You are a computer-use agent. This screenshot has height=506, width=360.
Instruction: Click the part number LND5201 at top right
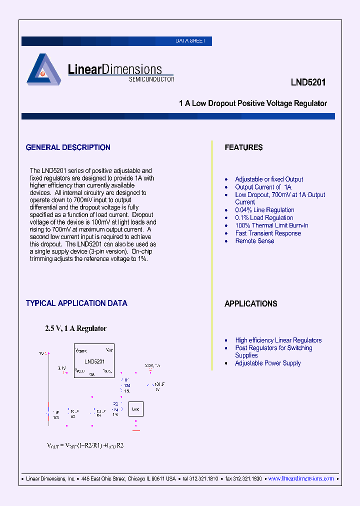point(308,82)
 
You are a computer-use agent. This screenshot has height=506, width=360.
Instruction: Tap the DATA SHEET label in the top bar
point(190,41)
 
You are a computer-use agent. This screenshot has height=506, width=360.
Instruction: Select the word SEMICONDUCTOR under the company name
point(151,79)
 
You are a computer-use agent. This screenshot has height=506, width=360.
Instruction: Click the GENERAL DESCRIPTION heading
point(68,147)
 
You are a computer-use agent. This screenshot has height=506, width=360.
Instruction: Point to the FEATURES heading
point(243,147)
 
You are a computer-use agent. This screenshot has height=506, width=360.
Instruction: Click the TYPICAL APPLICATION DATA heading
point(76,303)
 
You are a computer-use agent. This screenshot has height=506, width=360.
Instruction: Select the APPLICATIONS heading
point(250,303)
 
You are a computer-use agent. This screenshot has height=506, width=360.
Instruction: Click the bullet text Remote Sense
point(254,241)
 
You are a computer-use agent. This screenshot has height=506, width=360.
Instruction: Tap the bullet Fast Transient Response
point(268,233)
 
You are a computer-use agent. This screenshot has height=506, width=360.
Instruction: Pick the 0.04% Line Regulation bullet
point(264,210)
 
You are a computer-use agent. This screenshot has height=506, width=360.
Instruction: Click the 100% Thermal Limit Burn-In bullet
point(271,225)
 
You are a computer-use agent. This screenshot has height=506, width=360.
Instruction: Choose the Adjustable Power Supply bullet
point(268,363)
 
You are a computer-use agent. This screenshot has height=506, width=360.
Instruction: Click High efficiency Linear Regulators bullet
point(278,340)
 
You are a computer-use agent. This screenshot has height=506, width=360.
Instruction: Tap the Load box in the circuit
point(135,409)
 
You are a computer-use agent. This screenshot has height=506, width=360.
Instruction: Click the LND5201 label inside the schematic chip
point(94,361)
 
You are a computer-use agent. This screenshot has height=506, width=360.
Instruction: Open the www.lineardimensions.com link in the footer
point(301,478)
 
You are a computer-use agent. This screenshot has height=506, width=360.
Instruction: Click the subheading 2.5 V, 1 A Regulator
point(76,328)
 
